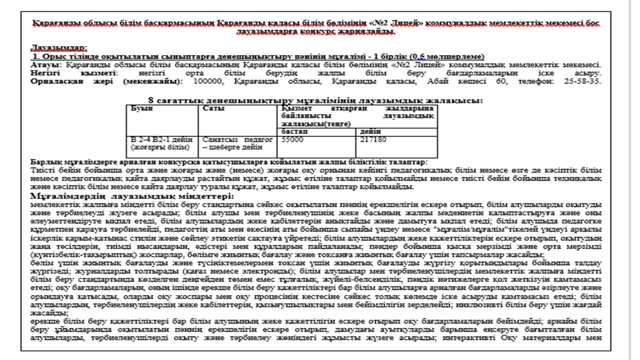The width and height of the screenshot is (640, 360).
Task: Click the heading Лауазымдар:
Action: tap(58, 47)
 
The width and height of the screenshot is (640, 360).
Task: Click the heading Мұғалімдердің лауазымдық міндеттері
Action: tap(132, 196)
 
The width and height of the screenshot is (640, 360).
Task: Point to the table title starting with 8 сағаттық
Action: tap(315, 100)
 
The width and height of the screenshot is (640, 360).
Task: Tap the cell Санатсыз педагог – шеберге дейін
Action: tap(237, 144)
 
